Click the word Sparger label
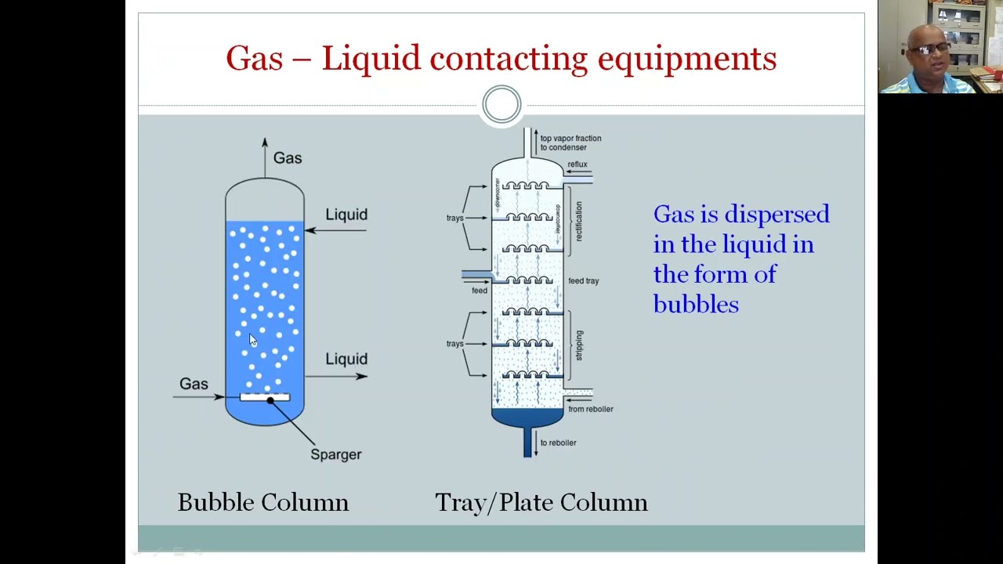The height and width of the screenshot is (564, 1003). (x=335, y=454)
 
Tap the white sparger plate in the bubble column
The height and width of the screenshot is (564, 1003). (x=264, y=397)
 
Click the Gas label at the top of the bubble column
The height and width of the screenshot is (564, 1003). (x=287, y=158)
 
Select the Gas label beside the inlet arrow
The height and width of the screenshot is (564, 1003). (x=194, y=384)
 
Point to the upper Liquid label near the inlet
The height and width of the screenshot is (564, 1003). (x=346, y=215)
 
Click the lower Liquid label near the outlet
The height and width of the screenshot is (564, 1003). (x=346, y=359)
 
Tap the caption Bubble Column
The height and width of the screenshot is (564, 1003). (x=263, y=502)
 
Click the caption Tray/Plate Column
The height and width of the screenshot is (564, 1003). (x=541, y=502)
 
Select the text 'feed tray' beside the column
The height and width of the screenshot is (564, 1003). (x=583, y=280)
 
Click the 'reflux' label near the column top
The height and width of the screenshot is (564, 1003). (x=578, y=164)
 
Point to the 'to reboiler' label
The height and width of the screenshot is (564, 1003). (x=558, y=443)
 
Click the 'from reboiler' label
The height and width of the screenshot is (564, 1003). (x=590, y=409)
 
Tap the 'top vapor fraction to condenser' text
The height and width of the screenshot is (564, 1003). (x=570, y=143)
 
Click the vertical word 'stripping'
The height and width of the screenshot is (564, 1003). (x=579, y=345)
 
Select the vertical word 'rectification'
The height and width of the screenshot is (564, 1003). (x=579, y=221)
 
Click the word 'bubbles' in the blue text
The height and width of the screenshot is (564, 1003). (x=695, y=304)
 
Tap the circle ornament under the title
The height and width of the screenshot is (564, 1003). (x=501, y=104)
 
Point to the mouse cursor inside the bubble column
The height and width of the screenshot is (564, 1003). (x=252, y=340)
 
